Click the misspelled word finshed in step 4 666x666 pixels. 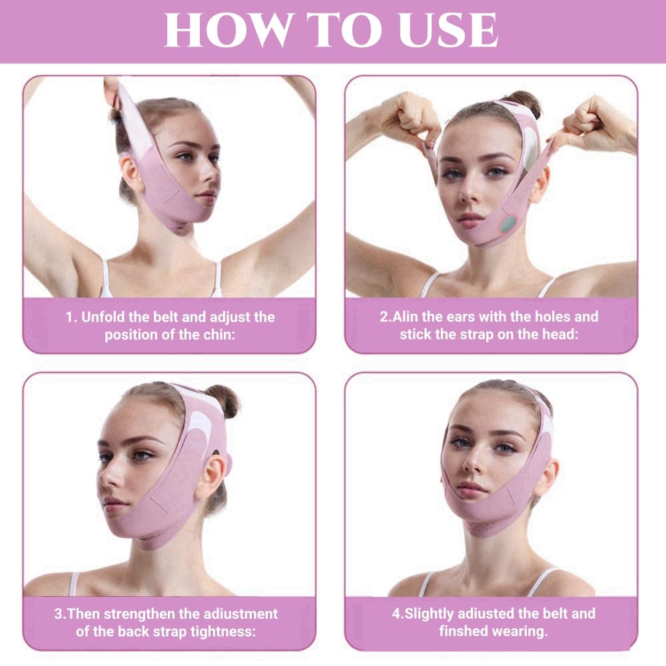click(467, 631)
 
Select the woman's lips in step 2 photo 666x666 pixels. click(470, 218)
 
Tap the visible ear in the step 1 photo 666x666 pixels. click(131, 171)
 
